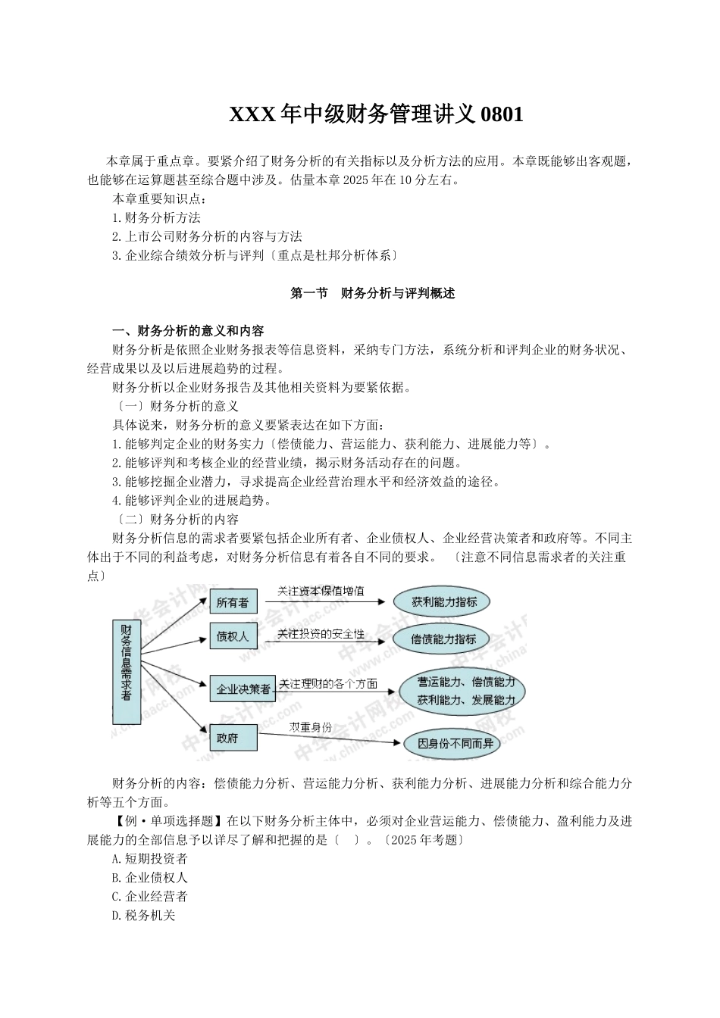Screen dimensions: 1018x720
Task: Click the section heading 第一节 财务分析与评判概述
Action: coord(373,294)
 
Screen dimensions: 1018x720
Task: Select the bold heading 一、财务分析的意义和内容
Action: coord(188,331)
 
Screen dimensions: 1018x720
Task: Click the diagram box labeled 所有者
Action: coord(232,603)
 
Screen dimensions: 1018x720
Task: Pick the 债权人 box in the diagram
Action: coord(232,637)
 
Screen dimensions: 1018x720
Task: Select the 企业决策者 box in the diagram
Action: coord(243,689)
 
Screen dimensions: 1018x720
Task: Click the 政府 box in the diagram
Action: coord(227,737)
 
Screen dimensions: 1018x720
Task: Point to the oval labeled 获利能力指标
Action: coord(445,602)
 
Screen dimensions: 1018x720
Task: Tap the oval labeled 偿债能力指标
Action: coord(444,639)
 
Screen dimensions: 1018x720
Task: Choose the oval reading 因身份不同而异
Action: coord(455,744)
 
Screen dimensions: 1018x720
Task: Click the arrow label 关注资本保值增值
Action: coord(321,591)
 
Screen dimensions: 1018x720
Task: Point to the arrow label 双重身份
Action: coord(310,726)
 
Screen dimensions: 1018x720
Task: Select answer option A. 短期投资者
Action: coord(149,859)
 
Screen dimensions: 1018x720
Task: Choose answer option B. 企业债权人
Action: coord(149,878)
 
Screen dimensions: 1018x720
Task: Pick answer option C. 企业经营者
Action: coord(149,897)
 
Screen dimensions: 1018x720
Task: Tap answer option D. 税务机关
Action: coord(143,916)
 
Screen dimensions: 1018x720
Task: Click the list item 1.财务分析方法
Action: coord(156,218)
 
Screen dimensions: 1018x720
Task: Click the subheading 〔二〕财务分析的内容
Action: coord(176,519)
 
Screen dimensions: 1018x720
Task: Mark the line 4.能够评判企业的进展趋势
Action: coord(192,500)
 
